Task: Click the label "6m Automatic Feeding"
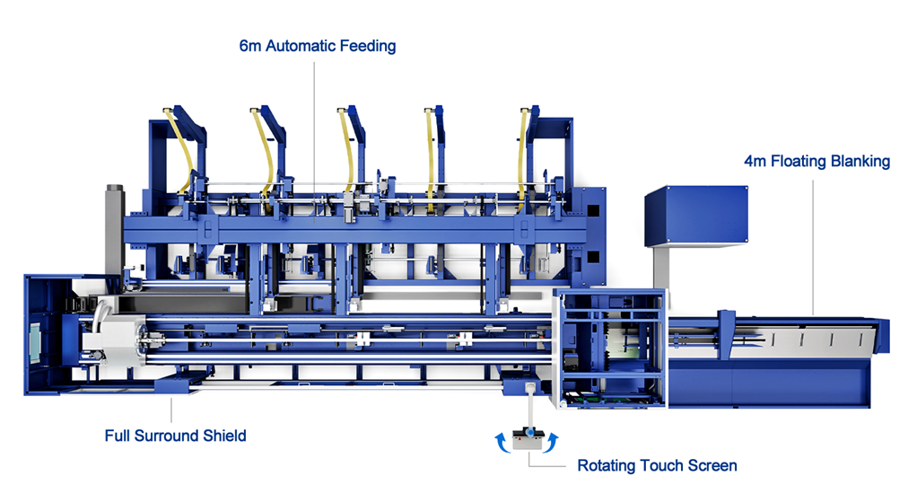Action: click(x=318, y=46)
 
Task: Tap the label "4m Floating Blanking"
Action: click(x=817, y=161)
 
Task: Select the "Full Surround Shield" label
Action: click(x=176, y=436)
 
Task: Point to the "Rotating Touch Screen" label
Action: click(x=658, y=465)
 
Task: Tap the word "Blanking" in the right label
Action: click(x=860, y=161)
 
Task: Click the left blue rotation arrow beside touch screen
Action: click(x=502, y=442)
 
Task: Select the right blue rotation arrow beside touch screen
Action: click(x=551, y=442)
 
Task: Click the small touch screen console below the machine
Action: click(x=527, y=439)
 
